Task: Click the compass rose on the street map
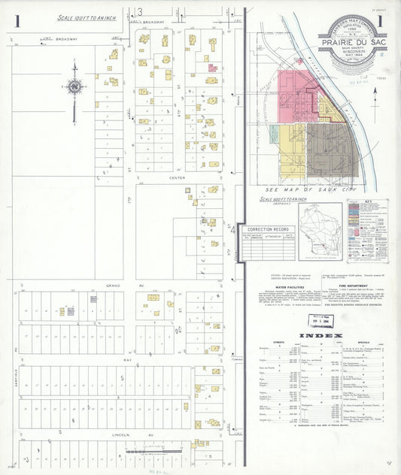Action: tap(74, 87)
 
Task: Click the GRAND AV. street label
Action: tap(114, 286)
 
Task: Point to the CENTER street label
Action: tap(156, 178)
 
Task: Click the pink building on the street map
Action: tap(212, 69)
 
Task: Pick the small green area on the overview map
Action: tap(275, 135)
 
